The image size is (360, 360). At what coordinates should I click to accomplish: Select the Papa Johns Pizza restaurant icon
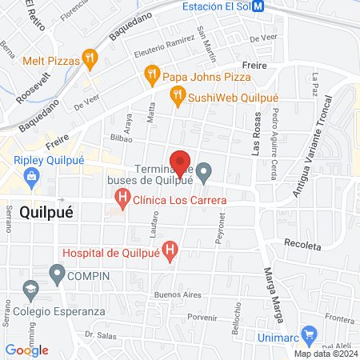tap(151, 77)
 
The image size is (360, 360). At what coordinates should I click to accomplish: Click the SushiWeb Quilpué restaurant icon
tap(178, 98)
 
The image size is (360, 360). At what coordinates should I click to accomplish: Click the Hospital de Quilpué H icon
tap(170, 251)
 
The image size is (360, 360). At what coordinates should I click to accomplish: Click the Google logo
tap(27, 350)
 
